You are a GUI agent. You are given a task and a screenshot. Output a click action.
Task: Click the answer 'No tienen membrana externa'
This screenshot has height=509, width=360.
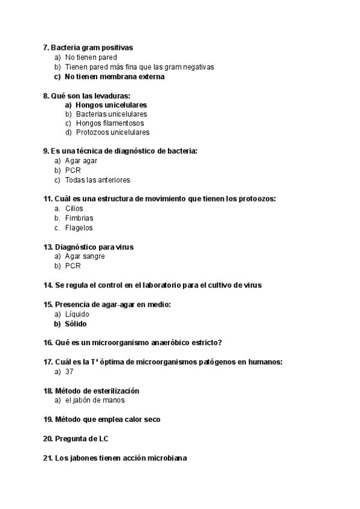tap(114, 77)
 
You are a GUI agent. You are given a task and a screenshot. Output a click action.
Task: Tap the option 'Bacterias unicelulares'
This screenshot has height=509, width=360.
tap(111, 114)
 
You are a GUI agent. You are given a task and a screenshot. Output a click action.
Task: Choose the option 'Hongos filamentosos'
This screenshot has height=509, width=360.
tap(110, 123)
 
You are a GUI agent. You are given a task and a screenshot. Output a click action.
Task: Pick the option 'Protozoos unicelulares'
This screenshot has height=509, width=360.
tap(112, 132)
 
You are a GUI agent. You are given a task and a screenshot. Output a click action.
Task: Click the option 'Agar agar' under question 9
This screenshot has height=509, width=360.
tap(81, 161)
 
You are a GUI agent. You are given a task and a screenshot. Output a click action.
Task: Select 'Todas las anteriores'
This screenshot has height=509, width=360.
tap(97, 179)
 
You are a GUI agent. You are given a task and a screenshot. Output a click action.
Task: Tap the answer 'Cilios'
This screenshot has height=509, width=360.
tap(74, 208)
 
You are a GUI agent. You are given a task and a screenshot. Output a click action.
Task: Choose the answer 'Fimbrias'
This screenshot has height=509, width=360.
tap(79, 218)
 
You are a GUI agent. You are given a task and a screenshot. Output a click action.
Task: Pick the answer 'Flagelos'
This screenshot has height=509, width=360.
tap(79, 227)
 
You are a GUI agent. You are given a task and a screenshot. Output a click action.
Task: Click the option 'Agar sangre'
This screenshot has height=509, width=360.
tap(85, 256)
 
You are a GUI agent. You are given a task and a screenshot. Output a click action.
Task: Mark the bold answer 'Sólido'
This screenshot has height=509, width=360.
tap(76, 324)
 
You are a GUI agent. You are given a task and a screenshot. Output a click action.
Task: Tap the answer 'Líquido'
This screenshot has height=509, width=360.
tap(77, 314)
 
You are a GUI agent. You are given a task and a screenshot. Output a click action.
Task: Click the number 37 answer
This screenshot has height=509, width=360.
tap(70, 372)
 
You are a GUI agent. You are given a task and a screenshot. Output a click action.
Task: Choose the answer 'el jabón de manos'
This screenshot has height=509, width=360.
tap(95, 400)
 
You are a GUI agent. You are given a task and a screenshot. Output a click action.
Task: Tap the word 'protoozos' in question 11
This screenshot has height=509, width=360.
tap(256, 199)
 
